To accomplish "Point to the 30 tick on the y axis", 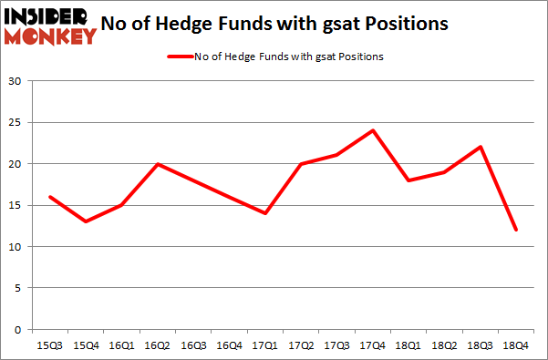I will coord(15,81).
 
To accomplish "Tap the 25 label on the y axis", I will coord(15,123).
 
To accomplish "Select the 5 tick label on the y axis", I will coord(17,288).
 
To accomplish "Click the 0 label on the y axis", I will coord(17,330).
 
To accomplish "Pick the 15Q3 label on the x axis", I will coord(49,345).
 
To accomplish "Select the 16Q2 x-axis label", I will coord(157,345).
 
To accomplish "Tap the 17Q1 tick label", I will coord(264,345).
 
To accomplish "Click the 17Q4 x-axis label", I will coord(373,345).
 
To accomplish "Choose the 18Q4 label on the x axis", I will coord(516,345).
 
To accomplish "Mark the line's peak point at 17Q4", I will coord(373,130).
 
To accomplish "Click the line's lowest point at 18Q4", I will coord(516,230).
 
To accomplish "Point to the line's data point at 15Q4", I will coord(85,221).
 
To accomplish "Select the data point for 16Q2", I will coord(157,164).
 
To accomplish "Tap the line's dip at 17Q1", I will coord(264,213).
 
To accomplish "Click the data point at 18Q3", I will coord(481,147).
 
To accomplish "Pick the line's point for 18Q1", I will coord(408,180).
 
